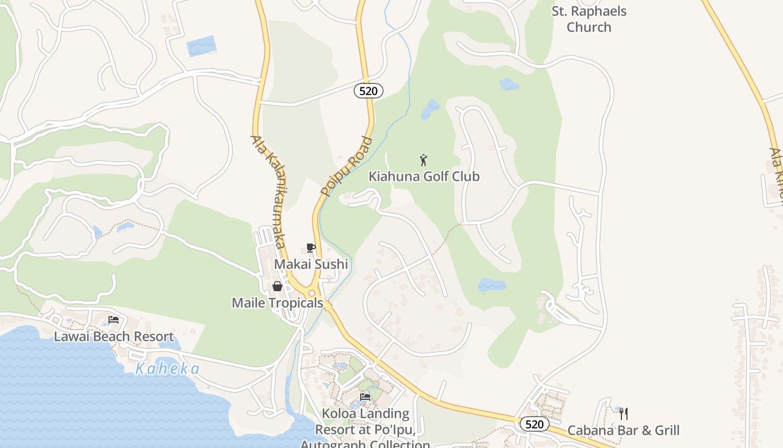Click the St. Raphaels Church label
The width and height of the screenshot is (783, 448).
point(589,19)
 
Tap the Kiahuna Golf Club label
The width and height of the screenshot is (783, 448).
point(424,176)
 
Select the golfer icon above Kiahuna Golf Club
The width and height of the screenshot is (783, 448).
point(423,160)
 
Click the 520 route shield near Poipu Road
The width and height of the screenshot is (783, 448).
point(368,91)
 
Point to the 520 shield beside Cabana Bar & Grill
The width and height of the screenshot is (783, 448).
point(534,424)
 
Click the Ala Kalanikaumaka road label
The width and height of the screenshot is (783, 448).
point(269,192)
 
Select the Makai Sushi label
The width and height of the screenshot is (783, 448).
point(311,264)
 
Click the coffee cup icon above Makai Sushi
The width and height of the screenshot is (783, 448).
point(311,248)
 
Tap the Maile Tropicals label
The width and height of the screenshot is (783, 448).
point(277,303)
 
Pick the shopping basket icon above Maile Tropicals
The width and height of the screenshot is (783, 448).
point(277,287)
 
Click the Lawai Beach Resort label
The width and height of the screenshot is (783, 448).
point(114,337)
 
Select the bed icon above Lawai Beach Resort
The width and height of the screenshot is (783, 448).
point(114,320)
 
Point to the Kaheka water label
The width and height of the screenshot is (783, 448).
point(168,368)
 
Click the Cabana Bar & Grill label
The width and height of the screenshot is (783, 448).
point(624,430)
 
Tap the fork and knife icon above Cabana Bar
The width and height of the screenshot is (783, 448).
point(624,414)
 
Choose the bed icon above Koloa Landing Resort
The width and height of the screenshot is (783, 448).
point(365,397)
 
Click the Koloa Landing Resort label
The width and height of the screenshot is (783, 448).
point(365,429)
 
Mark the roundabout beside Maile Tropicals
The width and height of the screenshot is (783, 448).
point(312,293)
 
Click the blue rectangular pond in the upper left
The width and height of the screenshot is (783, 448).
point(201,46)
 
